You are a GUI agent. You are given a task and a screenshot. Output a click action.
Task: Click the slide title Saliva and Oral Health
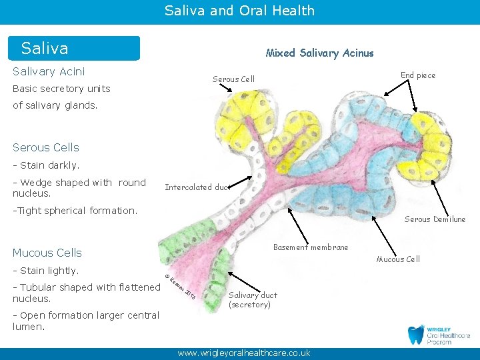(239, 11)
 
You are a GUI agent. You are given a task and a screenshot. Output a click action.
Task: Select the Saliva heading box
(74, 49)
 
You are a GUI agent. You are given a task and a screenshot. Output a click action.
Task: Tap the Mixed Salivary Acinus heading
(319, 53)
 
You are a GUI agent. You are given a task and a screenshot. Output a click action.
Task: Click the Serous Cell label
(233, 79)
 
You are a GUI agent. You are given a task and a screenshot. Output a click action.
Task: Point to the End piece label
(418, 75)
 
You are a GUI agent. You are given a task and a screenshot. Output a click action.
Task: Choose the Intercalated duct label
(197, 187)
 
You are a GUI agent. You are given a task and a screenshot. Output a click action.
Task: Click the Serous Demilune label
(435, 219)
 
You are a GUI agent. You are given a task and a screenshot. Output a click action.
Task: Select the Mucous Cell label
(398, 259)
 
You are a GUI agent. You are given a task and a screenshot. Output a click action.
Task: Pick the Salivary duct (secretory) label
(253, 300)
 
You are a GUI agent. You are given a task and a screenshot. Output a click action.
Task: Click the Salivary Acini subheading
(49, 71)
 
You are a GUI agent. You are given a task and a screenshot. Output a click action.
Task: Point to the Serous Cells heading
(45, 147)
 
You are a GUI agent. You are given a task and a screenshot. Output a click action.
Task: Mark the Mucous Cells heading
(47, 253)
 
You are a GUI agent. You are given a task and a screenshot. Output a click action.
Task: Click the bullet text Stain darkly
(46, 165)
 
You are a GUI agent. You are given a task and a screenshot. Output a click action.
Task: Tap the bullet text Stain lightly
(46, 270)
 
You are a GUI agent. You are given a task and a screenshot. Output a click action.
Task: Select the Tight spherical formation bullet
(75, 211)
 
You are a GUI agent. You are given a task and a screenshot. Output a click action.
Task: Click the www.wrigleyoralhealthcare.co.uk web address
(243, 353)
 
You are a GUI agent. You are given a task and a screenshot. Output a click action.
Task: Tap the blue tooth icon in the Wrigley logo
(416, 335)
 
